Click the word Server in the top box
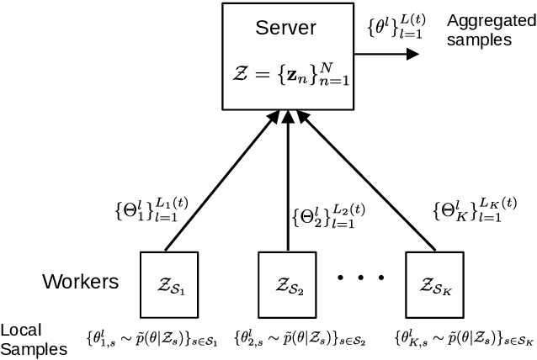click(285, 28)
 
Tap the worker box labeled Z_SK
click(435, 281)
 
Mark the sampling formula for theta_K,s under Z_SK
click(464, 339)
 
